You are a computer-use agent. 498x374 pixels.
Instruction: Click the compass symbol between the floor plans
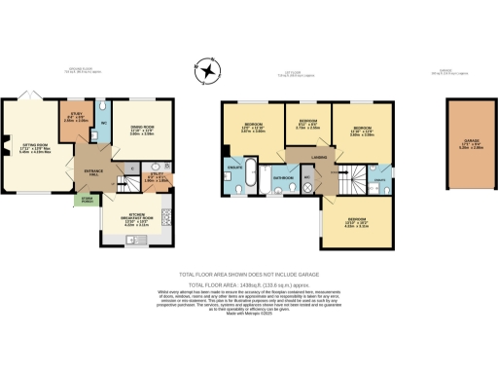click(205, 71)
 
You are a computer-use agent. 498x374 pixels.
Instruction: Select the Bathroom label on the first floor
click(284, 179)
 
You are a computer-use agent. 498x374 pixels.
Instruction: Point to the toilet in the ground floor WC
click(103, 107)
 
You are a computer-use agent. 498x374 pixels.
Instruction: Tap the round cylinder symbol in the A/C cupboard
click(308, 183)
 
